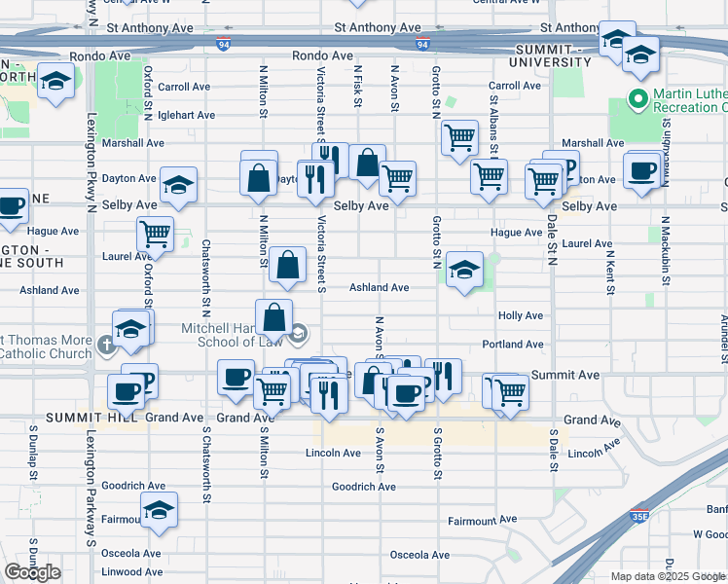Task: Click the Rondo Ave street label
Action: (322, 55)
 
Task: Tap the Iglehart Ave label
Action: (185, 115)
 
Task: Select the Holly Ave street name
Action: (520, 316)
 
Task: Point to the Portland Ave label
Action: (512, 345)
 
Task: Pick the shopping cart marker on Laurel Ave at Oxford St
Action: (156, 234)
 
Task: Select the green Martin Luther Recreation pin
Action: (638, 98)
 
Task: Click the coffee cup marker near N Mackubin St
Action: (641, 172)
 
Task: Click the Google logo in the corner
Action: (32, 572)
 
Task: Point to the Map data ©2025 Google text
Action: (668, 576)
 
